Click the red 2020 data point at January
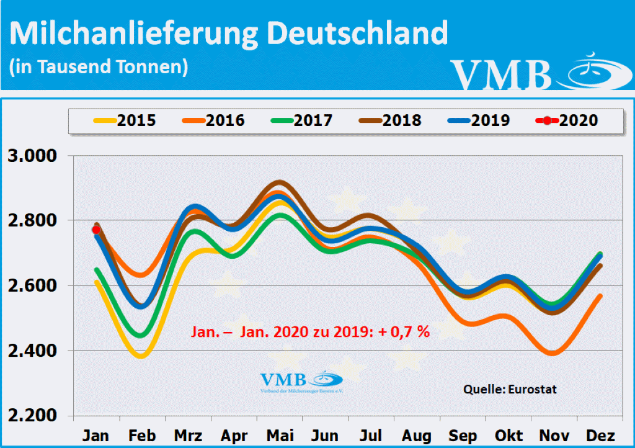tap(96, 230)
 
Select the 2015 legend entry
tap(125, 120)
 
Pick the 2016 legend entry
tap(213, 120)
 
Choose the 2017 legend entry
tap(302, 120)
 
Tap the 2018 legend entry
tap(391, 120)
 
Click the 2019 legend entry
tap(479, 120)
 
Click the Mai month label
tap(280, 436)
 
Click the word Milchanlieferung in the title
tap(133, 34)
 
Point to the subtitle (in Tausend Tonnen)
tap(99, 66)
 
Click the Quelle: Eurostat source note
tap(510, 390)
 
